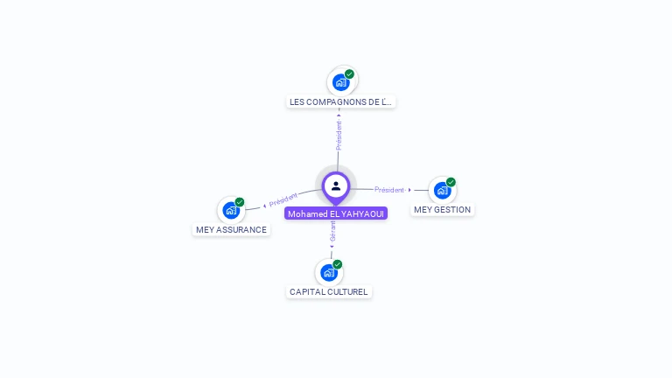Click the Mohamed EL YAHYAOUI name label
[336, 213]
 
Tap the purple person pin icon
[336, 186]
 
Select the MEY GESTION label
[442, 210]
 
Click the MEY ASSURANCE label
[231, 230]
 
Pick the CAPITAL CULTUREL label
[329, 292]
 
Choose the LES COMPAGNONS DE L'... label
[340, 102]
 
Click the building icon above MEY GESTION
[442, 190]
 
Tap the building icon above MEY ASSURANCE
[230, 210]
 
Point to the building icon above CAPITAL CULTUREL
[329, 272]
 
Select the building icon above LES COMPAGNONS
[340, 82]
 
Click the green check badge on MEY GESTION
[451, 182]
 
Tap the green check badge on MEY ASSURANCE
[240, 202]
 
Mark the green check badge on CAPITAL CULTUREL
[338, 264]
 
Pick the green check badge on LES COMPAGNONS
[349, 74]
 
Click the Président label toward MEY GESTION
[389, 190]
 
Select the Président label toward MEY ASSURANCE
[283, 199]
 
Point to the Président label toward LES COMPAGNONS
[339, 135]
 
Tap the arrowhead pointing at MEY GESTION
[409, 190]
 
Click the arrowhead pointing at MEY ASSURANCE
[264, 206]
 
